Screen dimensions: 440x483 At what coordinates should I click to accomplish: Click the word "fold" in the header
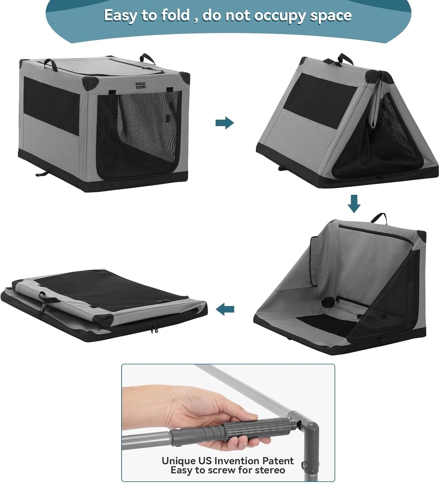click(x=175, y=15)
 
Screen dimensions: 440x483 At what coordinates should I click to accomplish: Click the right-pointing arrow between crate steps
click(x=225, y=123)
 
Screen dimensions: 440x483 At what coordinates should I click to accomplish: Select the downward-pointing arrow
click(x=354, y=204)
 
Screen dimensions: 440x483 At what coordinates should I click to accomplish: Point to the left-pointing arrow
click(x=225, y=309)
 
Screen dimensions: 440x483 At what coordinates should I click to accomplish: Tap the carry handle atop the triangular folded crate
click(x=345, y=59)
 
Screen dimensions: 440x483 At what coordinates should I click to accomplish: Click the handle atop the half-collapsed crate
click(x=378, y=218)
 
